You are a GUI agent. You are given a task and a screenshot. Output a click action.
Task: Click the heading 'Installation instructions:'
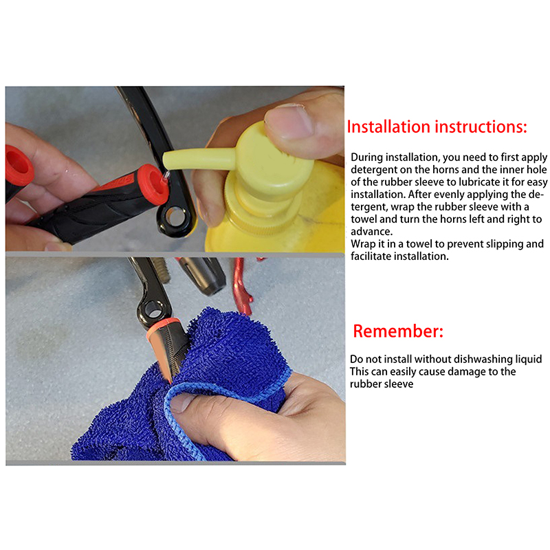click(x=437, y=126)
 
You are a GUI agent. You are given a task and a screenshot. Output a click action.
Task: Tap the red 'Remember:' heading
click(x=398, y=331)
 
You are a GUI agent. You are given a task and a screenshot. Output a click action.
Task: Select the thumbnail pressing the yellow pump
click(x=289, y=120)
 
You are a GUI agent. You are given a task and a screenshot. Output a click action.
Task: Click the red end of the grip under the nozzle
click(x=153, y=184)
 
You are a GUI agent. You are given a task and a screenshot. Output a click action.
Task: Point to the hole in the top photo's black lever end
click(x=175, y=217)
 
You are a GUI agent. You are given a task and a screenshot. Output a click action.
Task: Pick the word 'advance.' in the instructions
click(x=371, y=232)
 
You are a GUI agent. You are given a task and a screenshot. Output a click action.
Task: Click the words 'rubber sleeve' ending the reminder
click(x=382, y=384)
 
